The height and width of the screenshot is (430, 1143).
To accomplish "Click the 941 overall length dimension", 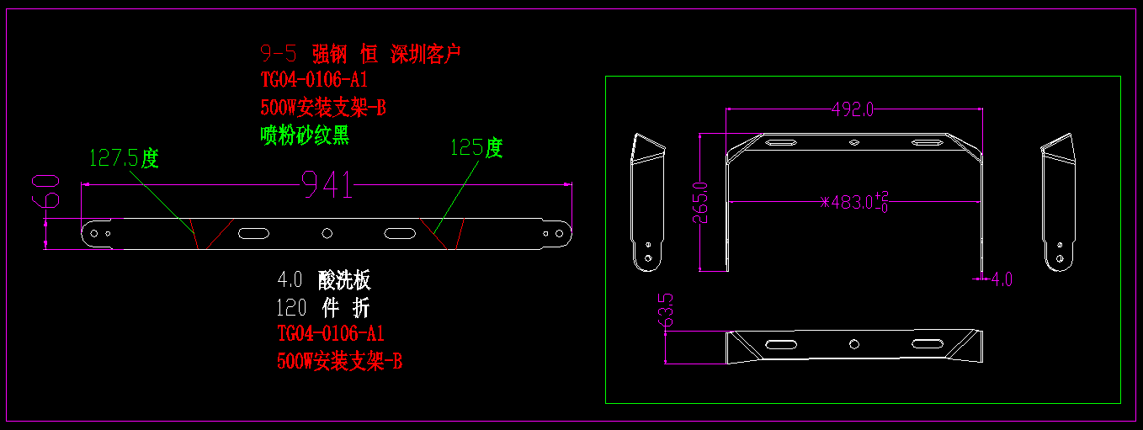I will click(327, 186).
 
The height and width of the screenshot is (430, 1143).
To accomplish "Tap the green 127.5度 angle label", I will click(124, 158).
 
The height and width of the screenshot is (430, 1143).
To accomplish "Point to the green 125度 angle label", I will click(476, 148).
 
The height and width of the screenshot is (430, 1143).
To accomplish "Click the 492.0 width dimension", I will click(853, 109).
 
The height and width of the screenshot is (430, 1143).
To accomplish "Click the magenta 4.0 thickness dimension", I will click(1002, 279).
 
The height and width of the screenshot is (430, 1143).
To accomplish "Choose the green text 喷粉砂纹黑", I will click(305, 135).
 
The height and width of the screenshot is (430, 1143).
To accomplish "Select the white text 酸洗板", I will click(344, 280).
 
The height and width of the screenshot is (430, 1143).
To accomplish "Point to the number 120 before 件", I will click(291, 307).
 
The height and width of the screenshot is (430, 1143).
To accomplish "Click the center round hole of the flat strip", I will click(327, 233).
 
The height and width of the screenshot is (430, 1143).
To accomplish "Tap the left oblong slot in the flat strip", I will click(251, 233).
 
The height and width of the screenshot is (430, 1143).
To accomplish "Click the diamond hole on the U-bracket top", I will click(853, 142).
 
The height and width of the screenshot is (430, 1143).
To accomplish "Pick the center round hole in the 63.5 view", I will click(853, 343).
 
